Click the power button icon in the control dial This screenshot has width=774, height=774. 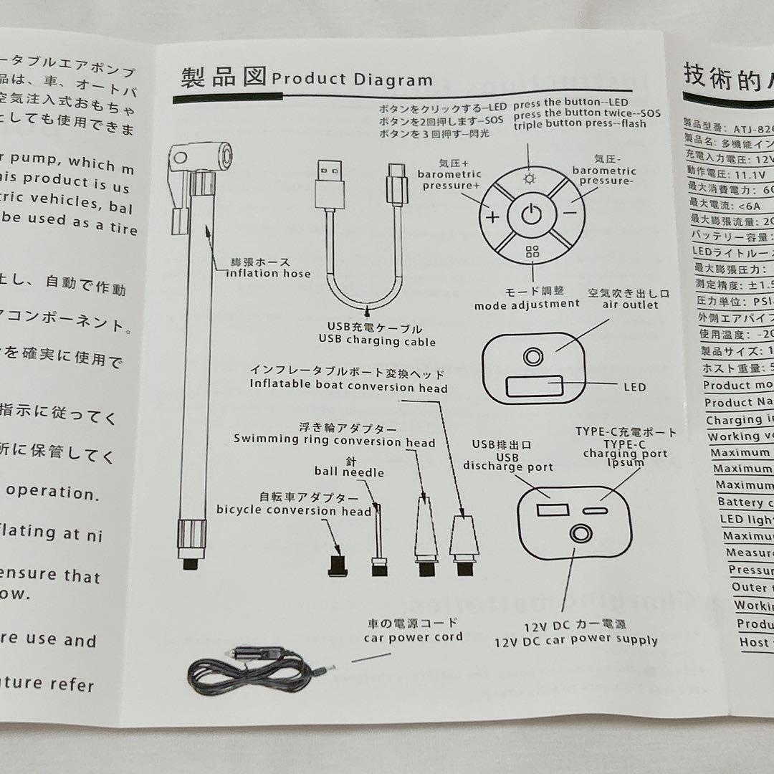[531, 214]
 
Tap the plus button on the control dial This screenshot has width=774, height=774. [493, 217]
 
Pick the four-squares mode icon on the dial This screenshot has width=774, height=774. [532, 252]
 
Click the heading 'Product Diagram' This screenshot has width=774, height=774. [352, 80]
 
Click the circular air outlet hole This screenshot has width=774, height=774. [532, 356]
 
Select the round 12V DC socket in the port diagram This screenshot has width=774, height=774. [580, 533]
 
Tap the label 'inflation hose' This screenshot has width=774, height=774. [268, 273]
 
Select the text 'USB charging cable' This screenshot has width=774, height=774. [377, 341]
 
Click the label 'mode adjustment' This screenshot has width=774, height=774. [527, 304]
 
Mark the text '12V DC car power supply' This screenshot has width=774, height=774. [575, 641]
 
